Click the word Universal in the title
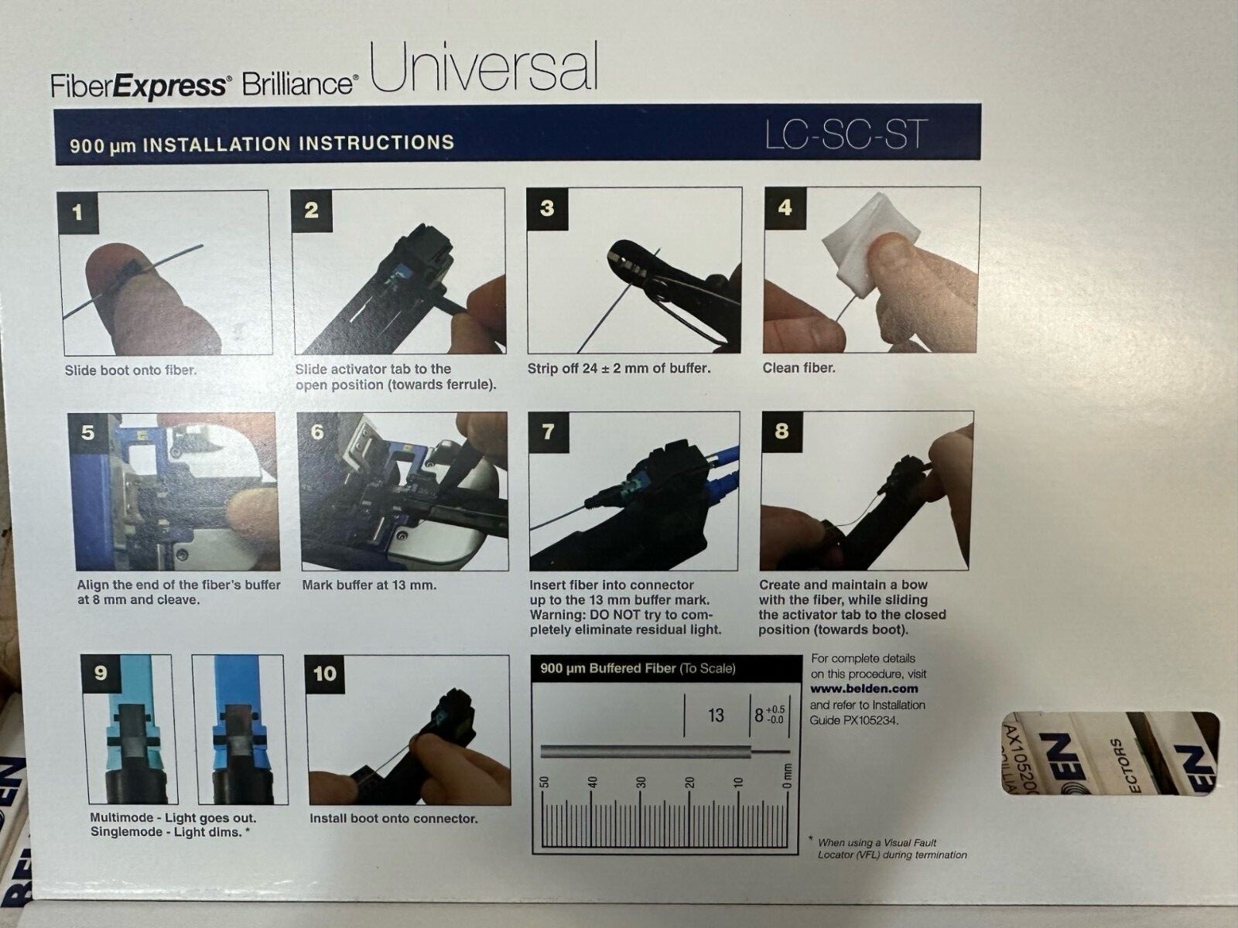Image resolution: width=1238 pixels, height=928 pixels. coord(484,68)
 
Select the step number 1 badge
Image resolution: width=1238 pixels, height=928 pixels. coord(78,213)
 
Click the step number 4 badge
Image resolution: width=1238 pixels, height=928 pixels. coord(785,209)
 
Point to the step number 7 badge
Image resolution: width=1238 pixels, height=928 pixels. coord(548,433)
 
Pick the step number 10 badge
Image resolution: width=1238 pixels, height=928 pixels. coord(325,674)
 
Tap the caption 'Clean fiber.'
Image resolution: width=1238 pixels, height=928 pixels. coord(799,368)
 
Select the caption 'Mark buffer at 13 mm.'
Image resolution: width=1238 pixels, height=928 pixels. coord(369,585)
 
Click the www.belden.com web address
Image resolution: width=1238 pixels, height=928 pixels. coord(864,688)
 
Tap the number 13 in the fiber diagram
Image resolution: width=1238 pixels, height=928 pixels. coord(716,715)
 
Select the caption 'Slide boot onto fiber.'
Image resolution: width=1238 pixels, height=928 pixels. coord(130,370)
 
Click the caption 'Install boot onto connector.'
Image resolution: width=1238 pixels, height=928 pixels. coord(394,818)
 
